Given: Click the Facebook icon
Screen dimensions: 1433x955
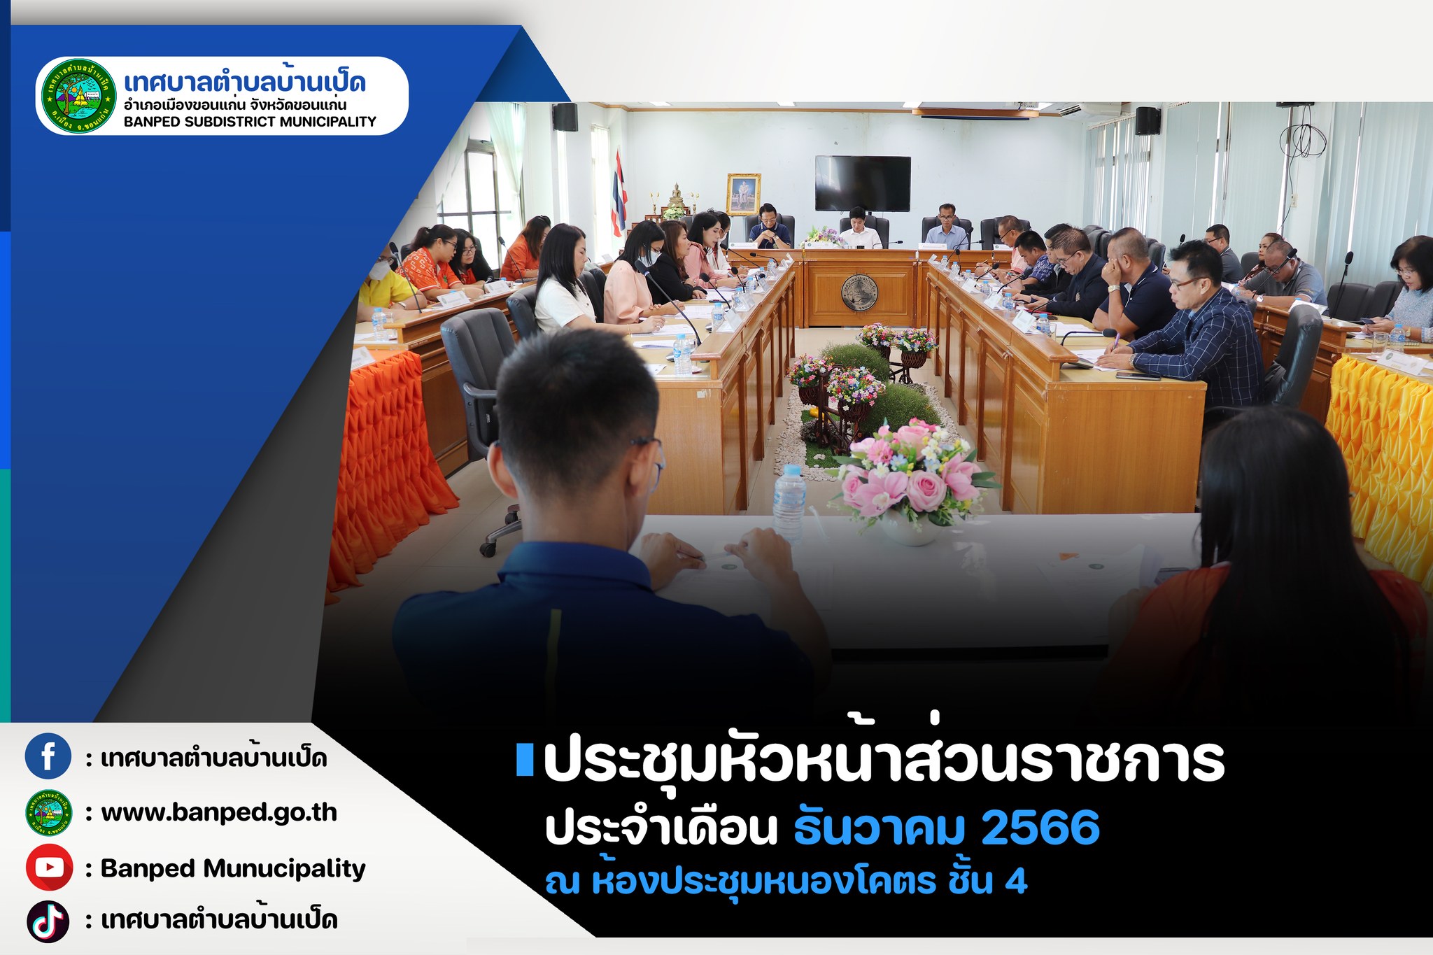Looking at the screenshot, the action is [48, 756].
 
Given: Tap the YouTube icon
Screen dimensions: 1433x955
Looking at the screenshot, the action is [49, 868].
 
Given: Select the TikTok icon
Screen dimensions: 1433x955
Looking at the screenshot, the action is [48, 921].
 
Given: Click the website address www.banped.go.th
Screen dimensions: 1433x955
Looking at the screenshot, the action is [219, 813].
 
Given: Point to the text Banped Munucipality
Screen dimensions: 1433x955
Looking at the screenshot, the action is [233, 869].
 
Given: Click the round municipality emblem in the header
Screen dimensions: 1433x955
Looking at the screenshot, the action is [78, 96].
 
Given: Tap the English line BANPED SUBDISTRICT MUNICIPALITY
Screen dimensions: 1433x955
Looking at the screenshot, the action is [250, 122].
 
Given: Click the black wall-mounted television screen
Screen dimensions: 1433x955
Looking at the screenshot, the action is [863, 183].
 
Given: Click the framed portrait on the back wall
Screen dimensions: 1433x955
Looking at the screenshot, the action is [744, 194].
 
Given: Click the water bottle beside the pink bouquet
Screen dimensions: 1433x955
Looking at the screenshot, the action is [789, 502].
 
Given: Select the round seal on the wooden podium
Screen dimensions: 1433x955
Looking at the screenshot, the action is [859, 292].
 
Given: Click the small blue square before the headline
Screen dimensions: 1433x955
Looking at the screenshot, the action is [524, 761].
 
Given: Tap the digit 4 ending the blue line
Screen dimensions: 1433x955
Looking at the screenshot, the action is [1016, 882].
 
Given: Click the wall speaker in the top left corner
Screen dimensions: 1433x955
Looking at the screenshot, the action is [565, 117].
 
